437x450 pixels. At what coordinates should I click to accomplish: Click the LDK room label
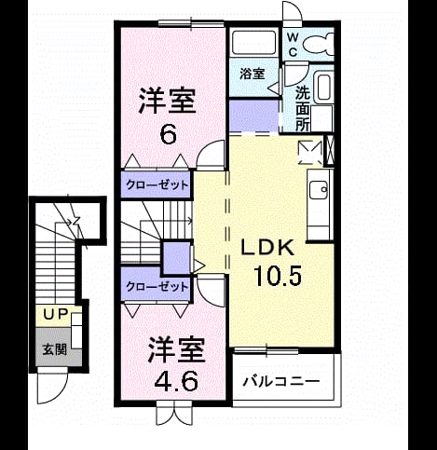tap(267, 248)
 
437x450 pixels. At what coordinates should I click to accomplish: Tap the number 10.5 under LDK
tap(278, 276)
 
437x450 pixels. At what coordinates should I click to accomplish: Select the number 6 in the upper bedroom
tap(168, 135)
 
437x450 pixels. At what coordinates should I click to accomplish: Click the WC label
tap(293, 45)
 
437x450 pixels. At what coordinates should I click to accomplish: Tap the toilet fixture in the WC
tap(318, 44)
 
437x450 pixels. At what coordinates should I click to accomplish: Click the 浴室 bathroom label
tap(253, 74)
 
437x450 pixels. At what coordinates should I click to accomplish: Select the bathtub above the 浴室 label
tap(253, 43)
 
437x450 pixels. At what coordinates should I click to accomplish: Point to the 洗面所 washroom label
tap(302, 109)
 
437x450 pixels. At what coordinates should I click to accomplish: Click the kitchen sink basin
tap(319, 189)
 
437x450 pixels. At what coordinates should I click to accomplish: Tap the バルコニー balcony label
tap(281, 381)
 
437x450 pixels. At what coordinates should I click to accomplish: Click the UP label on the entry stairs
tap(55, 315)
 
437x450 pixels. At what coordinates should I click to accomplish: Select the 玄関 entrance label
tap(54, 349)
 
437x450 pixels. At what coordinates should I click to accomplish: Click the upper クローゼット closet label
tap(157, 185)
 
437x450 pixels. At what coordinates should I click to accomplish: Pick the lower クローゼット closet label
tap(157, 287)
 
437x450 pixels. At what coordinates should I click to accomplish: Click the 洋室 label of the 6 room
tap(167, 101)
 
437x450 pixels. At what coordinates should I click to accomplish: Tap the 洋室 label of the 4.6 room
tap(176, 349)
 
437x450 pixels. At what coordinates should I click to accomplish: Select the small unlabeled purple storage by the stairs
tap(177, 258)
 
